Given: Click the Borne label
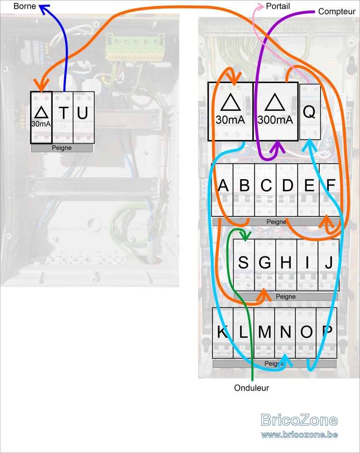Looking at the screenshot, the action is [25, 6].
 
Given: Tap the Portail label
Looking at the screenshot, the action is [278, 6].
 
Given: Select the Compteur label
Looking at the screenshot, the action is [337, 12].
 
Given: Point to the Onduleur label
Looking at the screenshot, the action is [251, 388].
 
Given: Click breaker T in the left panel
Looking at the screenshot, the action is [63, 117].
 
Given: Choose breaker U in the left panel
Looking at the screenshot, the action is [84, 117].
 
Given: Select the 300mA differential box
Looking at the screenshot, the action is [275, 112].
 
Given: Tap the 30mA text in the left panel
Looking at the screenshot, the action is [41, 124].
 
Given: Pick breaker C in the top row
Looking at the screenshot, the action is [266, 190].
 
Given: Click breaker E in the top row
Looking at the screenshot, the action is [308, 190].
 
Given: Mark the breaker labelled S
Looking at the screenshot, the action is [243, 265].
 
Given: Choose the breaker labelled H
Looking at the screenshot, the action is [286, 265].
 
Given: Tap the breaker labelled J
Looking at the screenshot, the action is [329, 265].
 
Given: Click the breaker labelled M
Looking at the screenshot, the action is [264, 333].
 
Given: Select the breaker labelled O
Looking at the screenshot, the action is [306, 333].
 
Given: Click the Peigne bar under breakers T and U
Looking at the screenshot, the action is [62, 148].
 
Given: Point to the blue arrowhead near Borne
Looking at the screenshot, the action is [44, 8].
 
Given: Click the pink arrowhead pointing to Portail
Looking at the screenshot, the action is [260, 5].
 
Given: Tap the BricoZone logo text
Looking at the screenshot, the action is [299, 420].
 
